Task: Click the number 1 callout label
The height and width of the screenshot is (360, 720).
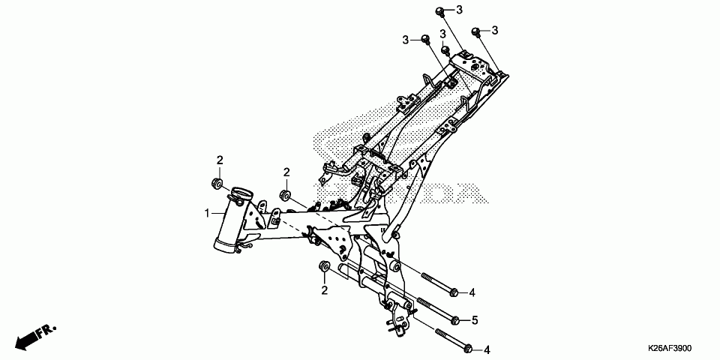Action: point(208,214)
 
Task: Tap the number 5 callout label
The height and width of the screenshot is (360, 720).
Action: point(474,320)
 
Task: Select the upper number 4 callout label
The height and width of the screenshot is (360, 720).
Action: point(474,291)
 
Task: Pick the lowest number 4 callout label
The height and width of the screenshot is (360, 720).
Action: point(486,349)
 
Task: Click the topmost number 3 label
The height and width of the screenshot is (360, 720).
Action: point(460,10)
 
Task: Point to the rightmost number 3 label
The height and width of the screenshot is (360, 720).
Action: point(496,30)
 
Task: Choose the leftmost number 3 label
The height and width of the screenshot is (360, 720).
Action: point(405,39)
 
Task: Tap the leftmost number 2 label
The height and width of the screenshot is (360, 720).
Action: point(220,160)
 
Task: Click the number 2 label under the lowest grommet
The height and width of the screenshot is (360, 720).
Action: point(325,289)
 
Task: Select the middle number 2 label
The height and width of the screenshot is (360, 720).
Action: point(286,172)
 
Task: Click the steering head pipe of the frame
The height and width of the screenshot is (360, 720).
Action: point(231,217)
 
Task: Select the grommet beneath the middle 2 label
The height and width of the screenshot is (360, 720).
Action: point(285,196)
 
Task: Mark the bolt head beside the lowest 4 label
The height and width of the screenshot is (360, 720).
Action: point(466,349)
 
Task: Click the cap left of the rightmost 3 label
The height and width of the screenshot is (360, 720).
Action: point(475,31)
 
